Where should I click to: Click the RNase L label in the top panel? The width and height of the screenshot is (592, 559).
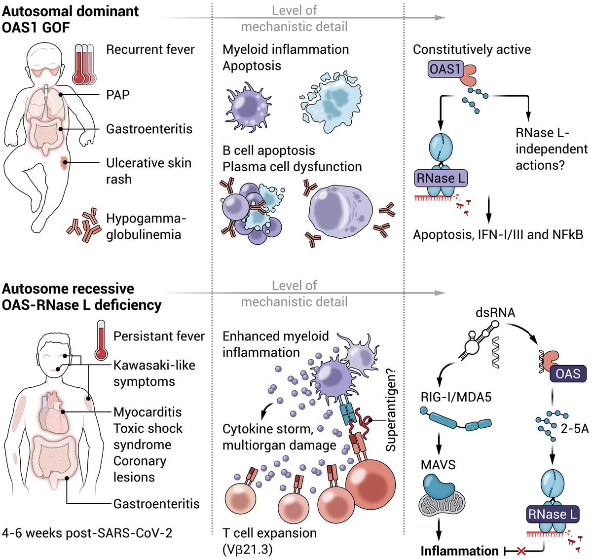pyautogui.click(x=441, y=178)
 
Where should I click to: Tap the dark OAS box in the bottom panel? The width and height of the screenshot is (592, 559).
pyautogui.click(x=568, y=373)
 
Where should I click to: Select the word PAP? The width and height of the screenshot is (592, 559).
pyautogui.click(x=118, y=95)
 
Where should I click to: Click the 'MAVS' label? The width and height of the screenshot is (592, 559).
pyautogui.click(x=438, y=465)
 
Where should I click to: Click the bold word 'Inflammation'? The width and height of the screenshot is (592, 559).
pyautogui.click(x=459, y=551)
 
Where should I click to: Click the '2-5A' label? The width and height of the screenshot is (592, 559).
pyautogui.click(x=575, y=428)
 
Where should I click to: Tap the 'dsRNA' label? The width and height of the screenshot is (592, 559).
pyautogui.click(x=495, y=312)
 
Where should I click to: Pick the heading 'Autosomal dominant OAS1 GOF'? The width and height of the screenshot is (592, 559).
pyautogui.click(x=71, y=19)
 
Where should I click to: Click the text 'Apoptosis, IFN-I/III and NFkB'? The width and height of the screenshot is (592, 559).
pyautogui.click(x=498, y=234)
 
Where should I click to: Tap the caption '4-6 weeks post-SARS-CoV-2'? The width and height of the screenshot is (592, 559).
pyautogui.click(x=87, y=533)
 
